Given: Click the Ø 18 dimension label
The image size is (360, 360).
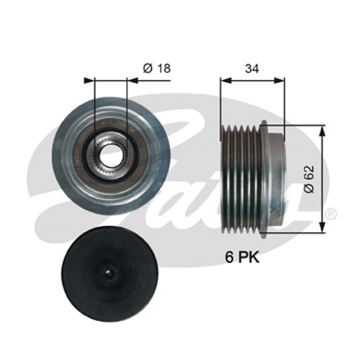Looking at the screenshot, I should (x=156, y=69).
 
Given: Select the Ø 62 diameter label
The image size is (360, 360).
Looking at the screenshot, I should (x=308, y=179).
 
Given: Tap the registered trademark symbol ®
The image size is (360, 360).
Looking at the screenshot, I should (x=332, y=214).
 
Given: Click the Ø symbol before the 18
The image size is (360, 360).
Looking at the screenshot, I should (x=147, y=69).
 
